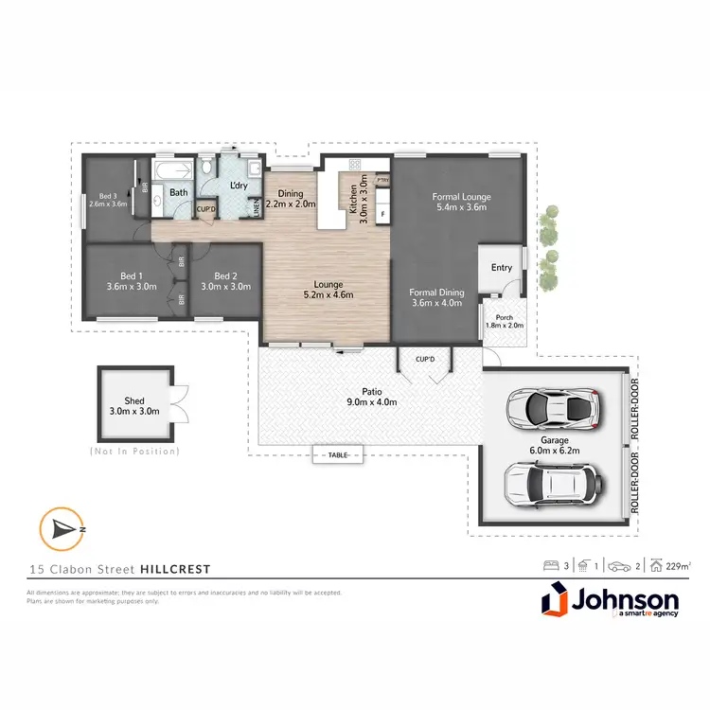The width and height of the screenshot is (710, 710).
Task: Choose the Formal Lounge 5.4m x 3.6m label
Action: pyautogui.click(x=464, y=203)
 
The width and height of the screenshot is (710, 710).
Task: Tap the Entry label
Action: pyautogui.click(x=501, y=268)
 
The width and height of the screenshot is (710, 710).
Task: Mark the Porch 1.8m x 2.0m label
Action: pyautogui.click(x=504, y=321)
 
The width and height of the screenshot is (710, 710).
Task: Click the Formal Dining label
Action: pyautogui.click(x=436, y=298)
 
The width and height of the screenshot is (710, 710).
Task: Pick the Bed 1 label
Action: pyautogui.click(x=131, y=281)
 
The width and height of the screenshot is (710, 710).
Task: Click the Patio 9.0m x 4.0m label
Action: pyautogui.click(x=370, y=396)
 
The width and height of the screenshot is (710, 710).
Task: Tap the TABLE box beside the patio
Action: pyautogui.click(x=338, y=455)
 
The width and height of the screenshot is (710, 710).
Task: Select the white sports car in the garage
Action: pyautogui.click(x=553, y=407)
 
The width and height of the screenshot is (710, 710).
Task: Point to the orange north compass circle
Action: pyautogui.click(x=58, y=528)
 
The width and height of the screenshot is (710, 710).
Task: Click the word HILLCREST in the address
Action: pyautogui.click(x=175, y=569)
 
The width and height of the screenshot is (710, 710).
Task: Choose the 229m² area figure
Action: pyautogui.click(x=677, y=566)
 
